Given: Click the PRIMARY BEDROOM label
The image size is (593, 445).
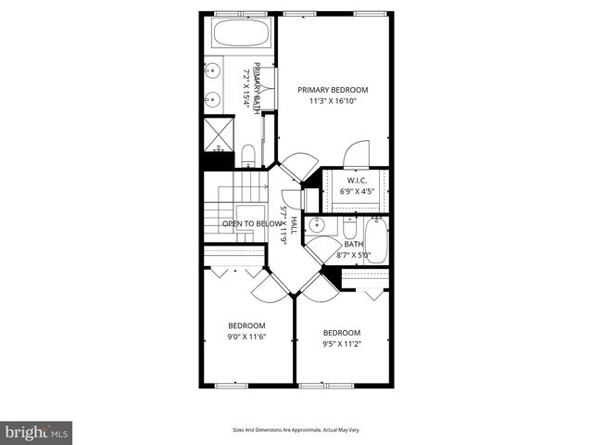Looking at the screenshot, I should (x=333, y=90).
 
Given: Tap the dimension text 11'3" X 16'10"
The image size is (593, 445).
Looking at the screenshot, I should (x=333, y=103).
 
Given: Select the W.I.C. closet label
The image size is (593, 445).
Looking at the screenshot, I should (x=357, y=180).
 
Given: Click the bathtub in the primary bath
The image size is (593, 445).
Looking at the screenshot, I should (x=240, y=36).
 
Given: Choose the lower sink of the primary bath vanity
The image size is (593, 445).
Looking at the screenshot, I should (x=213, y=98).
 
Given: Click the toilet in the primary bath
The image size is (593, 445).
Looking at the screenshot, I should (x=248, y=154).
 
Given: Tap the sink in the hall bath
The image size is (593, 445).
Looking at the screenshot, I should (x=317, y=225).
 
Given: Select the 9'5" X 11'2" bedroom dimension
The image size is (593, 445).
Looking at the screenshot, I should (x=341, y=345).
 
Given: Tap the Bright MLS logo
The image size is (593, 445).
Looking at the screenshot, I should (x=37, y=432).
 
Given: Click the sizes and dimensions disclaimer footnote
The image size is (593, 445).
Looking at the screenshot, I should (x=296, y=430).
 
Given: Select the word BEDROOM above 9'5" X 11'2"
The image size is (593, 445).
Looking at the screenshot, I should (x=341, y=333).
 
